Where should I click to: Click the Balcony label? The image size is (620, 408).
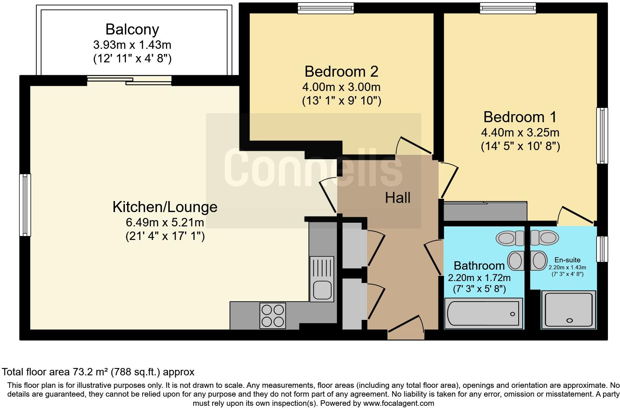pos(132,29)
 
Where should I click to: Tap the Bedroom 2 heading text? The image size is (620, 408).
pos(341,71)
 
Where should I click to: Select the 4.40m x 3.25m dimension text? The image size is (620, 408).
pos(520,132)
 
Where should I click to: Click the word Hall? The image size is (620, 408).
pos(398,198)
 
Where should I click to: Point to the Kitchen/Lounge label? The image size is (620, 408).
pos(165,207)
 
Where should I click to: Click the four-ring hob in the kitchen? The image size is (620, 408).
pos(273,315)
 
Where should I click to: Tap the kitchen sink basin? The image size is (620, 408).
pos(322,290)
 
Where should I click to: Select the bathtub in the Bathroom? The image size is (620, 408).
pos(483,314)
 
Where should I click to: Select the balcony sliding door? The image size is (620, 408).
pos(129,80)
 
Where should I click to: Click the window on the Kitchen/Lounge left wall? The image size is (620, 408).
pos(25,205)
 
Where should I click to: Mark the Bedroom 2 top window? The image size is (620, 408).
pos(325,8)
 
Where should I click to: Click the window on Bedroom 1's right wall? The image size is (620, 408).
pos(602,135)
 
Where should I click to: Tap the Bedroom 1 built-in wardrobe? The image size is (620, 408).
pos(485,211)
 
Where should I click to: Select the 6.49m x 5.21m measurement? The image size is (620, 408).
pos(165,222)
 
